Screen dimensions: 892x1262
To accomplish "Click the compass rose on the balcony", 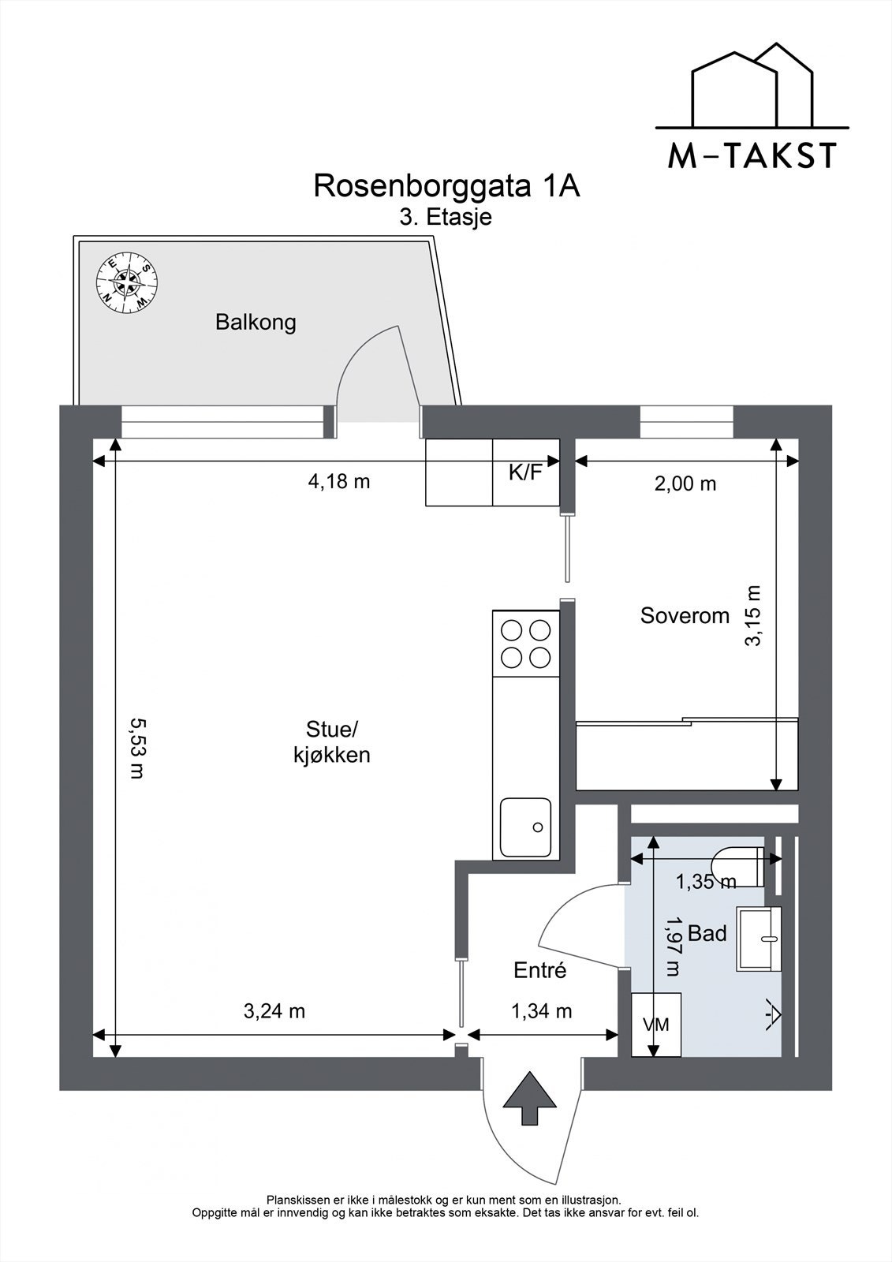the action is pyautogui.click(x=127, y=282).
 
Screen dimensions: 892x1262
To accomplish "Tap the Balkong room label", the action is pyautogui.click(x=256, y=323).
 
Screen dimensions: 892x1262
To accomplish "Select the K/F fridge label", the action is pyautogui.click(x=525, y=472).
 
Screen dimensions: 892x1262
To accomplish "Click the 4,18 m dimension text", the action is pyautogui.click(x=339, y=481).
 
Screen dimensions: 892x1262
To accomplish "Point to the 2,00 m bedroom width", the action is pyautogui.click(x=685, y=484).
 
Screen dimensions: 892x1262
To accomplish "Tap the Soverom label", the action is pyautogui.click(x=685, y=616).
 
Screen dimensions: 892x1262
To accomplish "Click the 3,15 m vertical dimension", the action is pyautogui.click(x=753, y=616).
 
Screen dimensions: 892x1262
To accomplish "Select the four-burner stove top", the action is pyautogui.click(x=526, y=644).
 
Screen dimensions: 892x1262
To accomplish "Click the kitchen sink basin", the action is pyautogui.click(x=526, y=827).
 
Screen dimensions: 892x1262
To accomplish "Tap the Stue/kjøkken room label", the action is pyautogui.click(x=332, y=742).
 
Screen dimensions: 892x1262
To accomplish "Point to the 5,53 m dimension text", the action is pyautogui.click(x=137, y=748).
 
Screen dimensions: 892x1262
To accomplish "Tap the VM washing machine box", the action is pyautogui.click(x=656, y=1025).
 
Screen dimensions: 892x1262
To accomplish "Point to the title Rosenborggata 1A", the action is pyautogui.click(x=447, y=186).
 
